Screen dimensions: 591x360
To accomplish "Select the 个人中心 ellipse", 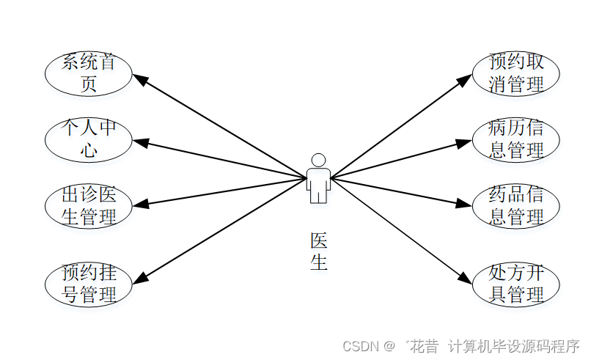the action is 88,139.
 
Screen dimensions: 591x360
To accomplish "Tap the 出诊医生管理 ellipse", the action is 88,206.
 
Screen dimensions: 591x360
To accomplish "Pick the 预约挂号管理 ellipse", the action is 88,284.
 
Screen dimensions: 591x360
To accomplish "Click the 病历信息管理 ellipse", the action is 516,139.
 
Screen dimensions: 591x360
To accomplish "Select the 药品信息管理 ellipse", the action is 516,206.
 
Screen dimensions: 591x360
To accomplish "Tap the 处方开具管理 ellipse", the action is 516,284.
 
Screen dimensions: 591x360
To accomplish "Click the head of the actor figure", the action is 318,160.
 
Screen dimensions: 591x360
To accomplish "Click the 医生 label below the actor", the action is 318,251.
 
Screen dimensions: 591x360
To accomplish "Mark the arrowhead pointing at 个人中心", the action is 139,141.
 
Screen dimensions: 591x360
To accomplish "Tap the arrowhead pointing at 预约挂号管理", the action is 139,278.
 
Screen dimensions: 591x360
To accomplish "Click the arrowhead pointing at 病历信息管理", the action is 464,142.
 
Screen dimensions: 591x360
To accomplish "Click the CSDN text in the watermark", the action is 359,345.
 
